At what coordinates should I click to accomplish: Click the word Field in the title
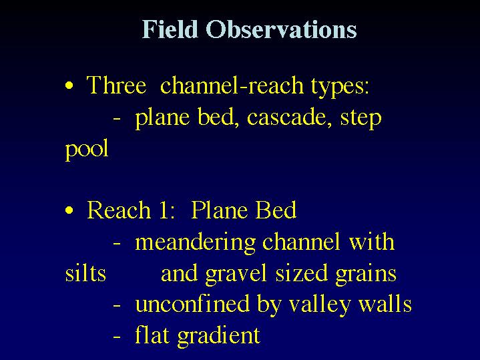(x=170, y=29)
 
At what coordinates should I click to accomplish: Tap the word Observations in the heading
(x=281, y=29)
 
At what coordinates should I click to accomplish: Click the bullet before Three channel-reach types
(x=69, y=85)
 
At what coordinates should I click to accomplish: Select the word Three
(x=116, y=85)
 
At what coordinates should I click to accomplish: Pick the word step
(x=361, y=119)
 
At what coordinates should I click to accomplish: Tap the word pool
(x=87, y=148)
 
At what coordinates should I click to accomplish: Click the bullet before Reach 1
(x=69, y=210)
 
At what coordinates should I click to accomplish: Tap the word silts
(x=85, y=273)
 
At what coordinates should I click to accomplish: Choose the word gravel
(x=236, y=274)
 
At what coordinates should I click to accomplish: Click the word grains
(x=366, y=275)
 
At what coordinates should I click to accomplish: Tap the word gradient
(x=219, y=337)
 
